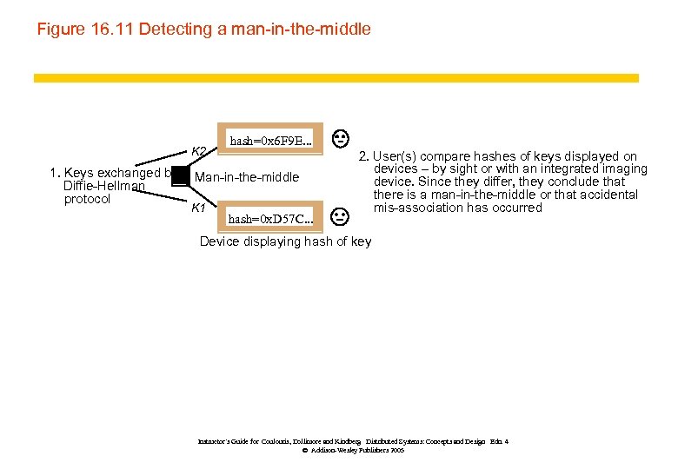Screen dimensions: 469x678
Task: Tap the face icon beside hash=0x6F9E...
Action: click(342, 137)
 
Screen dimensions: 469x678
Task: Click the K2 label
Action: click(198, 152)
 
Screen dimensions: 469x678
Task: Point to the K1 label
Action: click(198, 208)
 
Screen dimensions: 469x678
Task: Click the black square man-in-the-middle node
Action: click(180, 176)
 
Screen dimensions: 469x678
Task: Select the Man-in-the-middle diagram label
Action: click(247, 178)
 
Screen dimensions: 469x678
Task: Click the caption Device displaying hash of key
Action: click(285, 241)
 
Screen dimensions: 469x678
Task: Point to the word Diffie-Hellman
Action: click(103, 187)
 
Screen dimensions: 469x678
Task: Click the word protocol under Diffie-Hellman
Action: click(87, 200)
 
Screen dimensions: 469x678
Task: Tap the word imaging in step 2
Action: click(628, 168)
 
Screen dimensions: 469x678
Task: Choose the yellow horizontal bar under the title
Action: click(336, 77)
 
